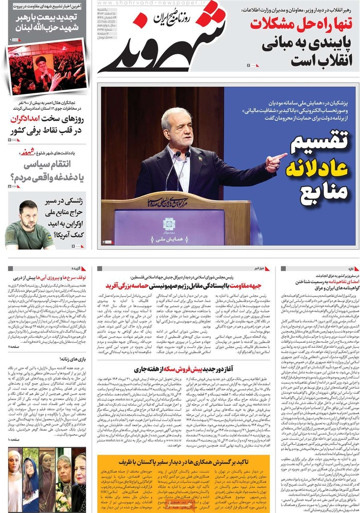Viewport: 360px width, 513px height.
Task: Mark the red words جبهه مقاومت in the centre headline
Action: (x=248, y=285)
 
